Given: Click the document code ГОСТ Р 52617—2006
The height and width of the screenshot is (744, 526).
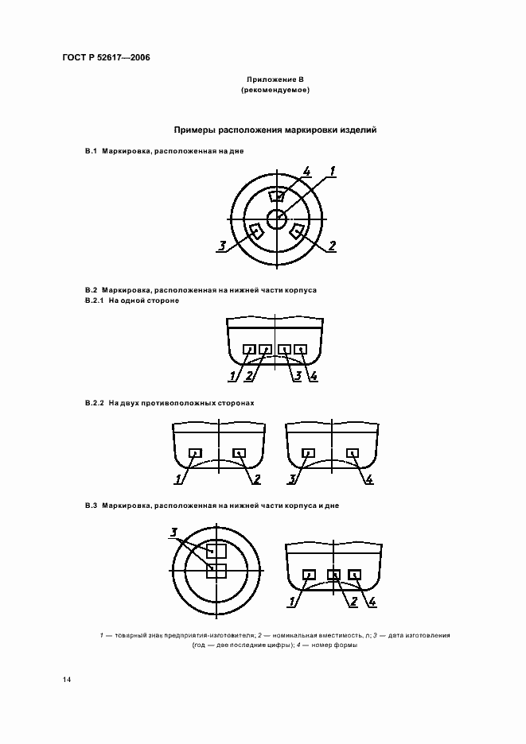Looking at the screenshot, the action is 105,58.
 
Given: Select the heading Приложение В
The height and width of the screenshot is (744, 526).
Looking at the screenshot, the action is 275,80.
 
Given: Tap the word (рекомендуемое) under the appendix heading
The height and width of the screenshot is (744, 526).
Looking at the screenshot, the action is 275,91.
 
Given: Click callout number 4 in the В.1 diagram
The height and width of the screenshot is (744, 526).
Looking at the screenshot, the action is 306,172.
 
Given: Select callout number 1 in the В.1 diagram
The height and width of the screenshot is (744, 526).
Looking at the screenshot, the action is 333,171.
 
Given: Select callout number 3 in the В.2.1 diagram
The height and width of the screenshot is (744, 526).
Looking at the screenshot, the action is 297,375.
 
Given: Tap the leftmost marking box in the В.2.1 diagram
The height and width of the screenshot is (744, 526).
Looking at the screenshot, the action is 249,349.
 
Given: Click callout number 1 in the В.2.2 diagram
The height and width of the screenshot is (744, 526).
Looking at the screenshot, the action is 180,479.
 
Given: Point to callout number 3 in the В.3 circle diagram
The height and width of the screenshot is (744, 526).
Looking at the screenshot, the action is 174,532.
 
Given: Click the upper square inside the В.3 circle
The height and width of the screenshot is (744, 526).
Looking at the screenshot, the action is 216,549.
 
